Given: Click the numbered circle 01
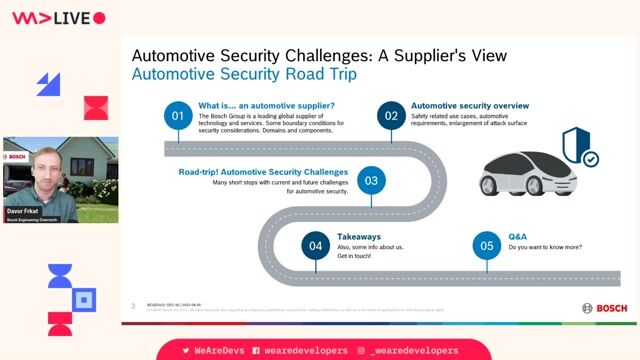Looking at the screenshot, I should click(x=178, y=116).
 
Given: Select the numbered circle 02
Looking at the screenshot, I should click(x=392, y=116).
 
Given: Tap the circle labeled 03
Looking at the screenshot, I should click(x=371, y=181).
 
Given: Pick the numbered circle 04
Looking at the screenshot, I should click(x=316, y=245).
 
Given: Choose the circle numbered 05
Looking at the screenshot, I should click(x=487, y=245).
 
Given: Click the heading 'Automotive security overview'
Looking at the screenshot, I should click(x=470, y=105).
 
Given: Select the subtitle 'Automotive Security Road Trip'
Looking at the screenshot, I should click(x=244, y=75).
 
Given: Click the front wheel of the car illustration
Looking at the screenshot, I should click(x=500, y=185).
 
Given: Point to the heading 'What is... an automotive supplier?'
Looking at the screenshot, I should click(x=263, y=105).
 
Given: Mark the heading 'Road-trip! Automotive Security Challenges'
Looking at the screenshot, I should click(x=263, y=171).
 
